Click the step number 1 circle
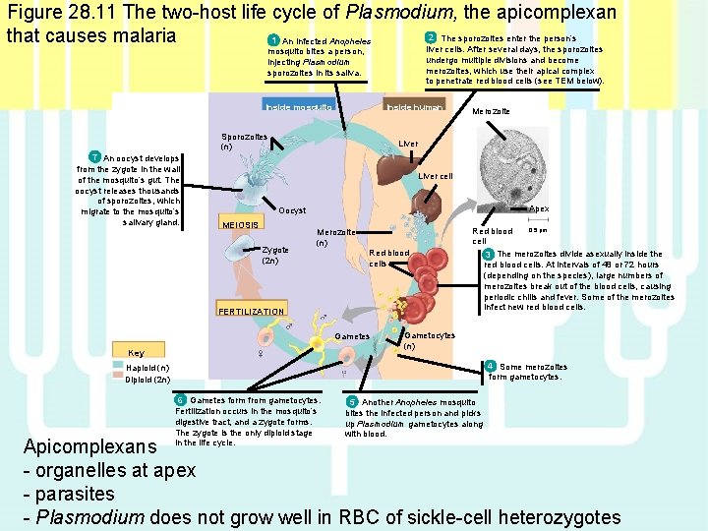[x=272, y=40]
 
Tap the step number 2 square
[x=430, y=37]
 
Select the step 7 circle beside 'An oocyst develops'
[x=93, y=157]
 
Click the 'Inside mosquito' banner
[x=298, y=106]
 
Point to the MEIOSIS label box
[x=241, y=225]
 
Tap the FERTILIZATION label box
[x=251, y=312]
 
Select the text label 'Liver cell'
[x=435, y=177]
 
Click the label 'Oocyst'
[x=292, y=210]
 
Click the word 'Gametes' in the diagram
[x=352, y=336]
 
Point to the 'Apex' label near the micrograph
[x=539, y=209]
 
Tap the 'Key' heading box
[x=136, y=353]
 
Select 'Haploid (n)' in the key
[x=147, y=368]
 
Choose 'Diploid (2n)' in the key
[x=148, y=380]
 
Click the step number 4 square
[x=491, y=367]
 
